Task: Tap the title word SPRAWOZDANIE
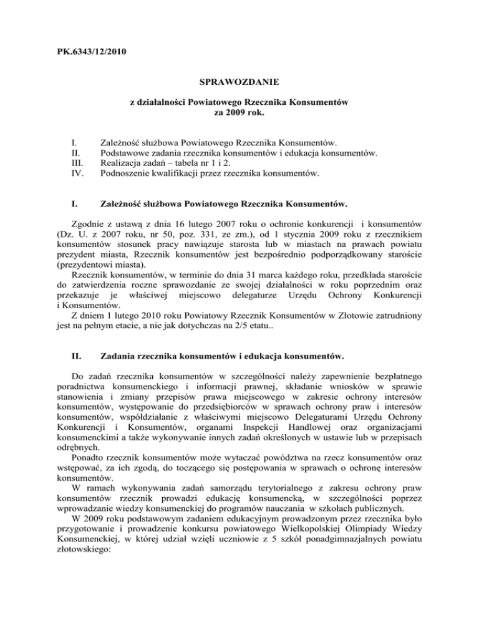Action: tap(239, 82)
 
